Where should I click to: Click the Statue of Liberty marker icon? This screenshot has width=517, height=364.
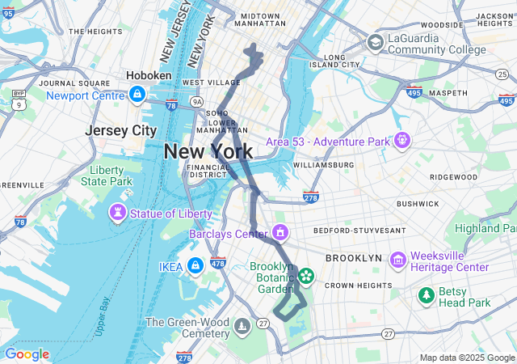pyautogui.click(x=119, y=214)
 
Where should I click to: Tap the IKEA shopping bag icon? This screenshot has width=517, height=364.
pyautogui.click(x=195, y=265)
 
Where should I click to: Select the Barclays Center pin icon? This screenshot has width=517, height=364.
pyautogui.click(x=280, y=234)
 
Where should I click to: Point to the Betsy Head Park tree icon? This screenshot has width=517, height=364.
pyautogui.click(x=426, y=296)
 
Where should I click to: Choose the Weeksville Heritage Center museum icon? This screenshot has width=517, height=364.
pyautogui.click(x=397, y=260)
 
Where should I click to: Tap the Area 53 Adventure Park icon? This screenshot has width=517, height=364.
pyautogui.click(x=402, y=142)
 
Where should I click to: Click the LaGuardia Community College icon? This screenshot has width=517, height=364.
pyautogui.click(x=376, y=42)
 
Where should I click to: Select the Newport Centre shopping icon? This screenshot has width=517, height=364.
pyautogui.click(x=137, y=95)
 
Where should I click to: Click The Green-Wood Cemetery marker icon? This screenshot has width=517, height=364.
pyautogui.click(x=243, y=327)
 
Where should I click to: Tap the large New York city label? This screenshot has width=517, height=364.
pyautogui.click(x=208, y=151)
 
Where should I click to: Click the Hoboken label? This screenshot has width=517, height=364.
pyautogui.click(x=149, y=75)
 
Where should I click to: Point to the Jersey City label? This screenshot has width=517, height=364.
pyautogui.click(x=120, y=130)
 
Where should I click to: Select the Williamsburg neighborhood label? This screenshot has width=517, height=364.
pyautogui.click(x=323, y=165)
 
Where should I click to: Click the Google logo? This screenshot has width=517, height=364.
pyautogui.click(x=27, y=354)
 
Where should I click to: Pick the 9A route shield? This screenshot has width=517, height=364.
pyautogui.click(x=197, y=102)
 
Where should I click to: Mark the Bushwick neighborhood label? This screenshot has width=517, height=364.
pyautogui.click(x=417, y=204)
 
